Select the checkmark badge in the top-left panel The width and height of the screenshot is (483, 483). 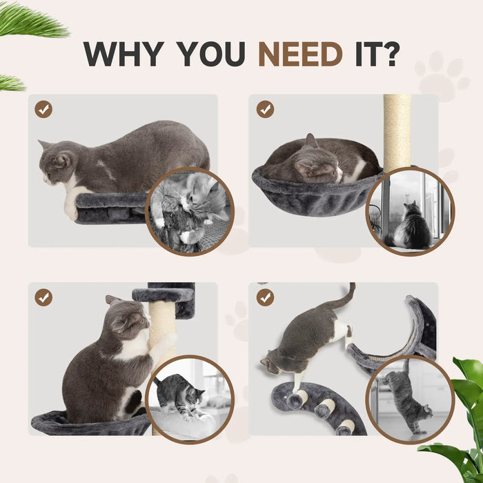[x=43, y=109]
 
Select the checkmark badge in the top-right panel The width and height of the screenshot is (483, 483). [x=265, y=109]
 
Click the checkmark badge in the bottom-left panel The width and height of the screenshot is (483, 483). [x=43, y=297]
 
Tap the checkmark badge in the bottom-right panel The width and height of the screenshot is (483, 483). [x=265, y=297]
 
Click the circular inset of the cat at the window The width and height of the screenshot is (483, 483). [x=410, y=211]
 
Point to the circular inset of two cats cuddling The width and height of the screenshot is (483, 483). [x=190, y=211]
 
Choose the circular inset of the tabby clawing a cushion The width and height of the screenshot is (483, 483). [x=190, y=399]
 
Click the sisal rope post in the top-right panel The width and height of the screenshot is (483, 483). [x=397, y=131]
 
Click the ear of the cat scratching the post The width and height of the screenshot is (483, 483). [x=112, y=302]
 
